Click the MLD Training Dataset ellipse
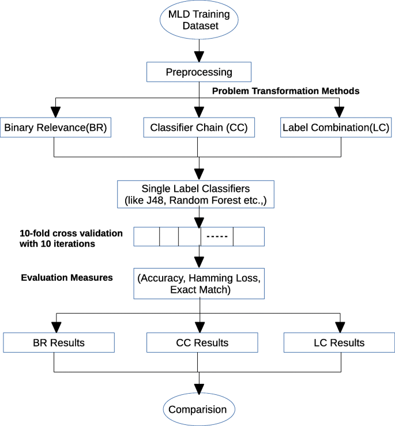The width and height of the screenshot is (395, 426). tap(199, 20)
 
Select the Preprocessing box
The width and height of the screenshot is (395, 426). tap(199, 72)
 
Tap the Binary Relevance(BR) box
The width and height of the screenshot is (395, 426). tap(56, 127)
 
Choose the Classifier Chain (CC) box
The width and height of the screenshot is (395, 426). tap(199, 127)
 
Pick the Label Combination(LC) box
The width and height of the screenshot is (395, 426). tap(336, 127)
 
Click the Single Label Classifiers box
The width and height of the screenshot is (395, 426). tap(195, 194)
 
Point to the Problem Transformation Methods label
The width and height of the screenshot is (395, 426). tap(285, 91)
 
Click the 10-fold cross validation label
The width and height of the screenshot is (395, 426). tap(71, 239)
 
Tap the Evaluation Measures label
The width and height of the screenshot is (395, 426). tap(67, 278)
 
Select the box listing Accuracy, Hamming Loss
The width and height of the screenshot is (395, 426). tap(199, 284)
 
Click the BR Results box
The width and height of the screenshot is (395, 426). tap(59, 342)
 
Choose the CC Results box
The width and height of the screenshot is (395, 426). tap(202, 342)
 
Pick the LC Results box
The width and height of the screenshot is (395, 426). tap(339, 342)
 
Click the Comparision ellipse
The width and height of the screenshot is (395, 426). tap(199, 409)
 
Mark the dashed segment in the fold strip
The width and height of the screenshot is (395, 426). tap(217, 236)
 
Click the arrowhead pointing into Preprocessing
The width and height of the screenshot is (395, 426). tap(199, 57)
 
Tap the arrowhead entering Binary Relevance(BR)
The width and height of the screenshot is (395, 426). tap(56, 112)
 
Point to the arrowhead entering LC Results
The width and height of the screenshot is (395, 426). tap(340, 327)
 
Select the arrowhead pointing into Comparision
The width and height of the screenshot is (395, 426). tap(199, 389)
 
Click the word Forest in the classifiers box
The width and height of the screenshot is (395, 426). tap(227, 201)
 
